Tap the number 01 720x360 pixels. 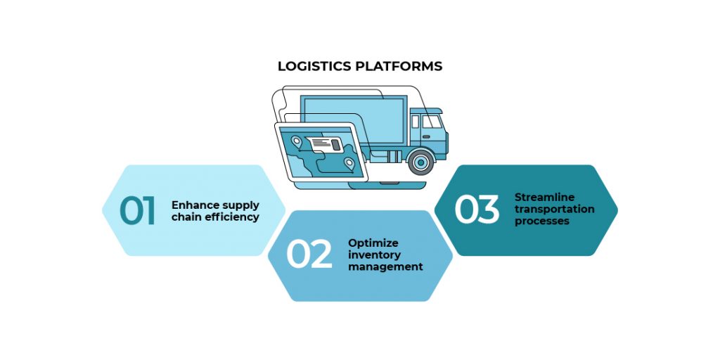[x=138, y=210]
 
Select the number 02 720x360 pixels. [x=309, y=255]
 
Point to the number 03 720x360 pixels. [x=477, y=210]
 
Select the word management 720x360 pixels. [x=385, y=267]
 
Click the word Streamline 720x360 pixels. [x=544, y=197]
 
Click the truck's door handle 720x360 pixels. [x=424, y=134]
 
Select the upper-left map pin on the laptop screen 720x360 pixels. [x=297, y=142]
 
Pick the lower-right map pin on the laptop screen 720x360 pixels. [x=349, y=164]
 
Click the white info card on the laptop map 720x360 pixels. [x=324, y=144]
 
